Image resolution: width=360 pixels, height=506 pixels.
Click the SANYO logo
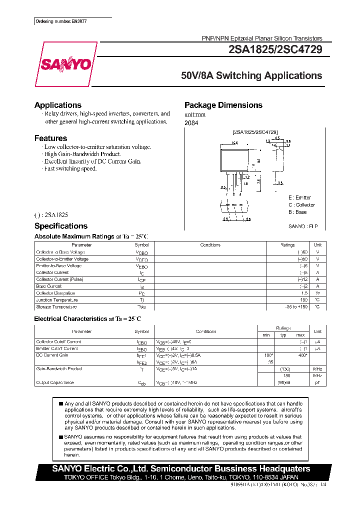click(x=65, y=64)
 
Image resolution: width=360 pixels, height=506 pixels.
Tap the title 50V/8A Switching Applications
click(x=251, y=76)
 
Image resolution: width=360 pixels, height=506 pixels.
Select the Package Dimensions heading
click(x=223, y=105)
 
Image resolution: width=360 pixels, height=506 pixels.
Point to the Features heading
click(x=50, y=138)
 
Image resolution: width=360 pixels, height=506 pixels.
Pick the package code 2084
click(x=191, y=123)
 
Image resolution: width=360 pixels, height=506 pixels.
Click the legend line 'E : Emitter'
click(x=299, y=197)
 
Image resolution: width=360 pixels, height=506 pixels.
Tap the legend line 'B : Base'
click(x=297, y=212)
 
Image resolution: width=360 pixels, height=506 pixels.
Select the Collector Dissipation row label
click(x=55, y=293)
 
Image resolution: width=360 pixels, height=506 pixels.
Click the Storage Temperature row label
click(x=56, y=306)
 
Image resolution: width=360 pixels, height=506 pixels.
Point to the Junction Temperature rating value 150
click(x=303, y=300)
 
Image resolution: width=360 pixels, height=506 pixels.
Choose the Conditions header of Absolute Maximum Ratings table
click(x=210, y=245)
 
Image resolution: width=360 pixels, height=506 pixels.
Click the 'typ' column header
click(x=283, y=335)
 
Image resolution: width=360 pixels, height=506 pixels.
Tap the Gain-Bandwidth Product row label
click(x=59, y=368)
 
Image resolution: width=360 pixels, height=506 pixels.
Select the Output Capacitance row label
click(x=55, y=382)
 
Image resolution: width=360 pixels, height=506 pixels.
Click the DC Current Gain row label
click(x=52, y=355)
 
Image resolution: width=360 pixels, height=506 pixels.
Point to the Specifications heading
click(x=61, y=226)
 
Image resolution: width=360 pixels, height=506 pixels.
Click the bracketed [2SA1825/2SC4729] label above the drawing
click(x=255, y=132)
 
